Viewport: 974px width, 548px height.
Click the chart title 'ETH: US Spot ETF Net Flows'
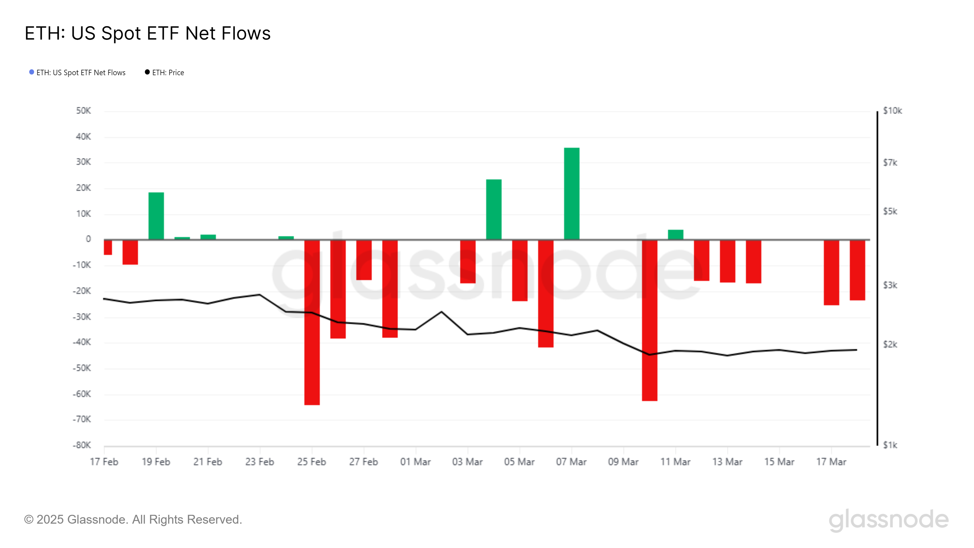(147, 33)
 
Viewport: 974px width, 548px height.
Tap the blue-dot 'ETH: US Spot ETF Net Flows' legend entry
(78, 73)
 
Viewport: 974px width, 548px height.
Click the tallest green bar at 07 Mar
(571, 193)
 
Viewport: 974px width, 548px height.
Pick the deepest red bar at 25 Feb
(312, 322)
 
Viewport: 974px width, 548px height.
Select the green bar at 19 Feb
(156, 216)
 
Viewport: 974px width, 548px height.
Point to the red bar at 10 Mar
(649, 320)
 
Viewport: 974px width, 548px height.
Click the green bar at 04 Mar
(493, 209)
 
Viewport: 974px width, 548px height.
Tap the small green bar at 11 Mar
(675, 234)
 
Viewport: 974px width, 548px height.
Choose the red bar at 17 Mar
(831, 272)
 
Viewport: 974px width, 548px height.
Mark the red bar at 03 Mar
(468, 261)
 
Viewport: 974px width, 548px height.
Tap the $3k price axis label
(890, 285)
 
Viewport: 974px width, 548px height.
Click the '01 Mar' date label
(415, 462)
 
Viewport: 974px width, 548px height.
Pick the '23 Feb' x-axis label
(259, 462)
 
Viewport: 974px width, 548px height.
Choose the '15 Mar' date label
(779, 462)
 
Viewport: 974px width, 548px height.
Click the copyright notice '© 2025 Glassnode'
(133, 520)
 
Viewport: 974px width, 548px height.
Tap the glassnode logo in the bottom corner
(888, 520)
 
